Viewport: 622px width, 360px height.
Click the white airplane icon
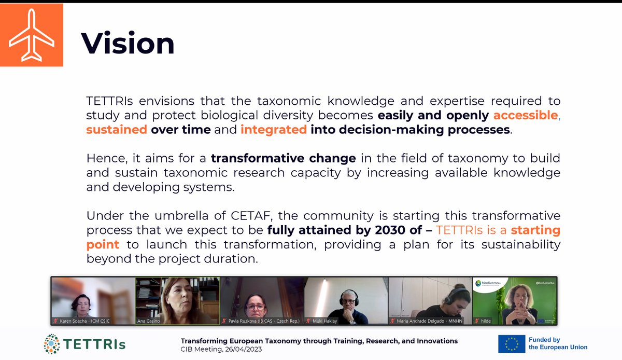pos(32,35)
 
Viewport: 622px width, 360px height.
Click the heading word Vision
pos(128,44)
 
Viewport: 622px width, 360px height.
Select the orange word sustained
pos(117,130)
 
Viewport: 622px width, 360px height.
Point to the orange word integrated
pos(274,130)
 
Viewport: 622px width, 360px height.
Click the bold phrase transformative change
pos(283,158)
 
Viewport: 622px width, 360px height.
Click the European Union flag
pos(515,343)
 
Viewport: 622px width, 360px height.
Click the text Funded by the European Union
pos(562,343)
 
